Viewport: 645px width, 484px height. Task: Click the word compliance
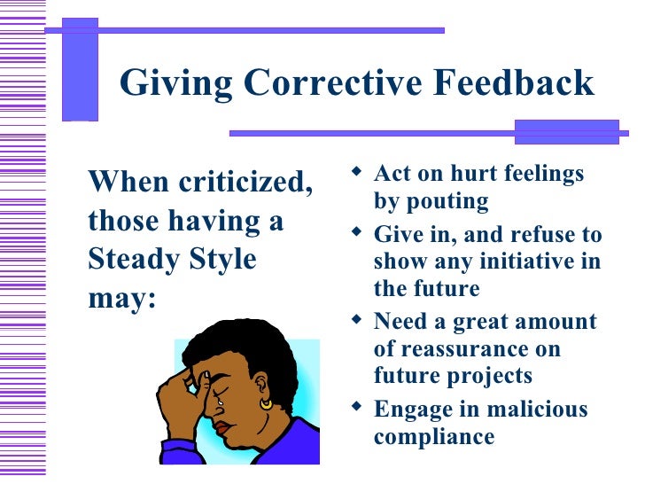434,437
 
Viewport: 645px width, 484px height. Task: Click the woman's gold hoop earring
266,403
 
